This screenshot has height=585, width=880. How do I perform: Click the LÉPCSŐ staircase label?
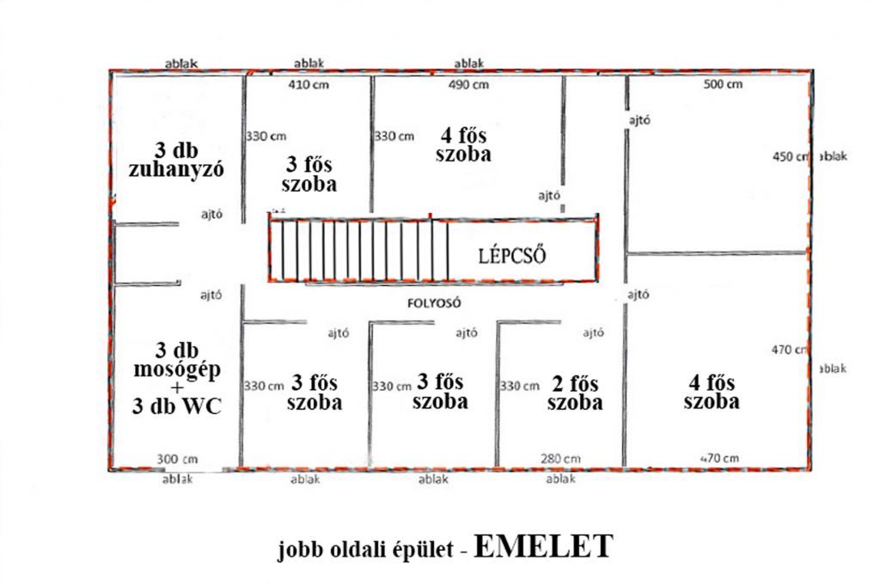pos(512,256)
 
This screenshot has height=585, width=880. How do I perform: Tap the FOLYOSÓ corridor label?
pos(434,303)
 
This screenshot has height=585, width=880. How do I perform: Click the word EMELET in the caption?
pos(543,546)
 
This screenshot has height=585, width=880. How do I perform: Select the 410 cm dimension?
pos(309,85)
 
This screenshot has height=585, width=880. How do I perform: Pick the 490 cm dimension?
pos(468,85)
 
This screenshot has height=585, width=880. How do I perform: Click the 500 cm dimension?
pos(723,85)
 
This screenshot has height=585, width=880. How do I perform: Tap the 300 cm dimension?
pos(177,460)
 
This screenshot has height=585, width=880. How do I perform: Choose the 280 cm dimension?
pos(560,459)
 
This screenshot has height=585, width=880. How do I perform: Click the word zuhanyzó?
pos(176,170)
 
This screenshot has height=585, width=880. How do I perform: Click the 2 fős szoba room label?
pos(575,393)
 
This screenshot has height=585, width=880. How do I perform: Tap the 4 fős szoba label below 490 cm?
pos(463,144)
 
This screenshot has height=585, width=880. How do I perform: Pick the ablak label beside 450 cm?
pos(834,156)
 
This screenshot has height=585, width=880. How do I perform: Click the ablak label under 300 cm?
pos(177,479)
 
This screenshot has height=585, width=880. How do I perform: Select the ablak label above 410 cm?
pos(309,64)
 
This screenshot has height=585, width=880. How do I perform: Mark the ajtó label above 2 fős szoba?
pos(593,333)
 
